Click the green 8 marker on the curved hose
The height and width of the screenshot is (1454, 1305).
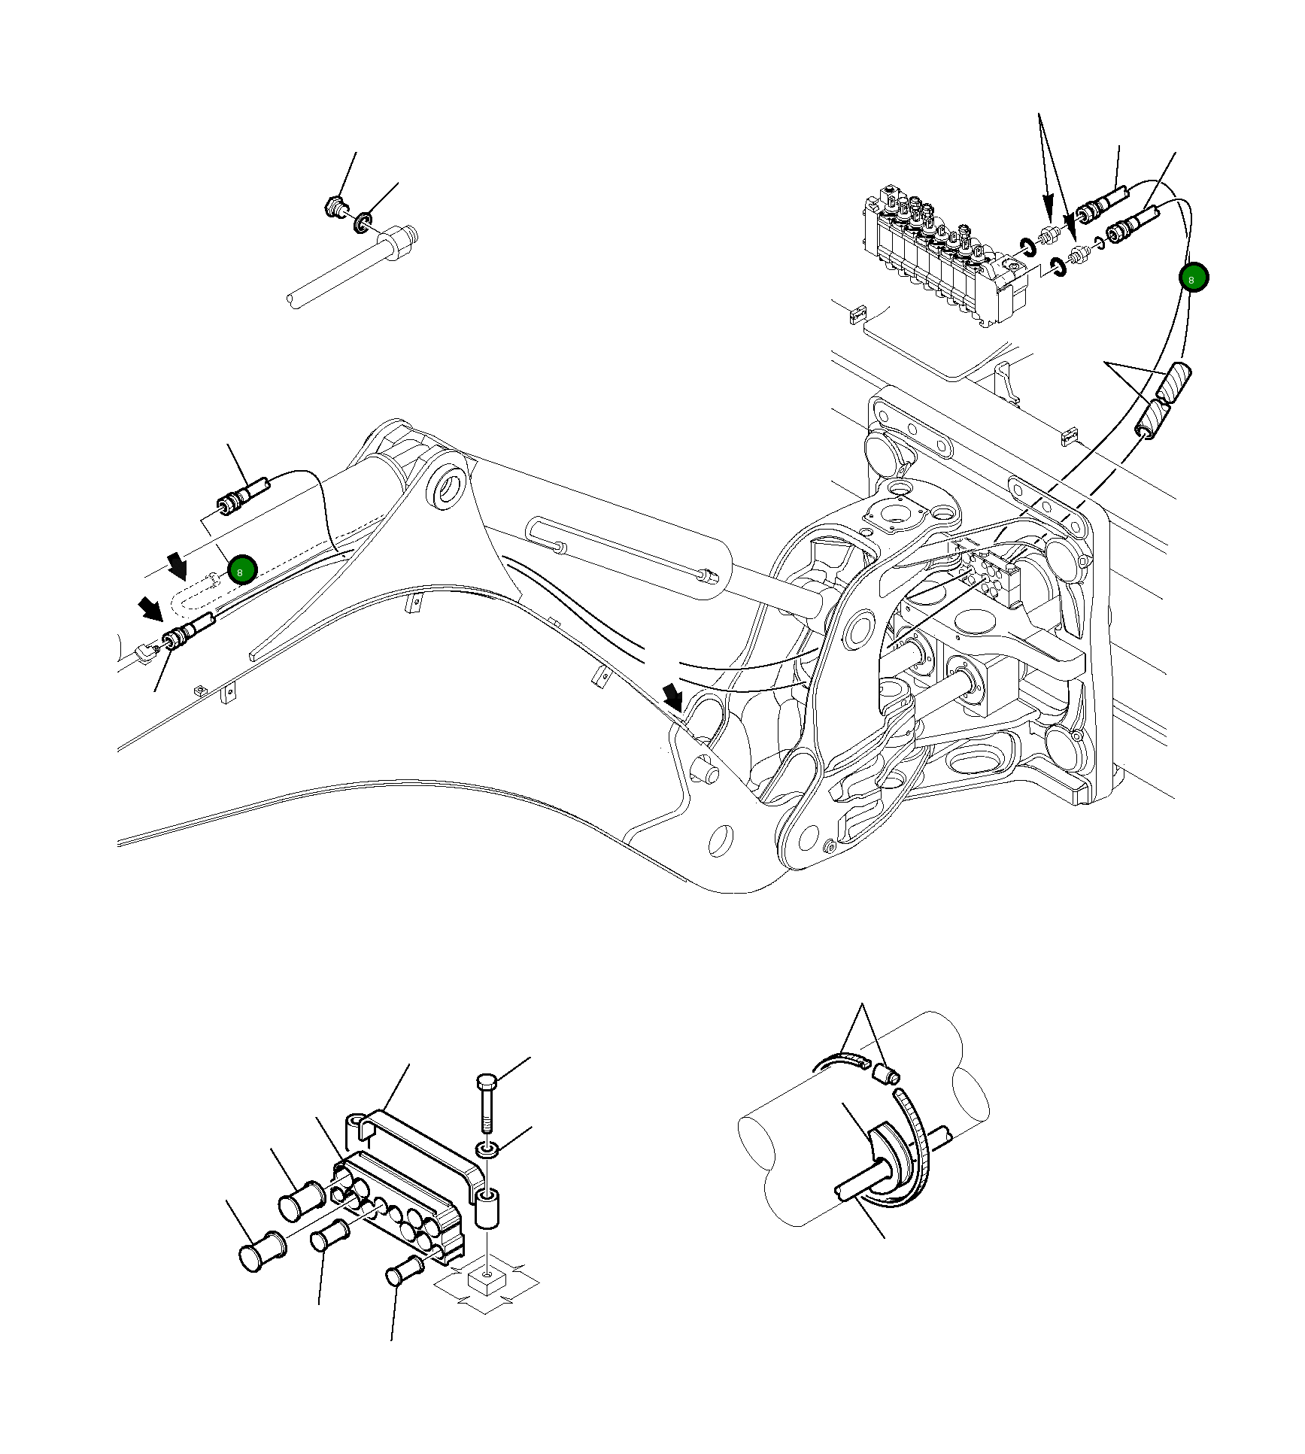click(x=1193, y=278)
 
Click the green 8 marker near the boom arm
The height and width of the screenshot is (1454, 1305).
click(x=242, y=570)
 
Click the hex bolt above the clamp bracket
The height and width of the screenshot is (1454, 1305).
click(x=485, y=1105)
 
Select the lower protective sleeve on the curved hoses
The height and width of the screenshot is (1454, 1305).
click(x=1152, y=420)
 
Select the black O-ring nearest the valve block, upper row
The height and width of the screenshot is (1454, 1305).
click(x=1027, y=244)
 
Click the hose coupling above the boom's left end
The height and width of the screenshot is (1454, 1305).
click(x=240, y=496)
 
